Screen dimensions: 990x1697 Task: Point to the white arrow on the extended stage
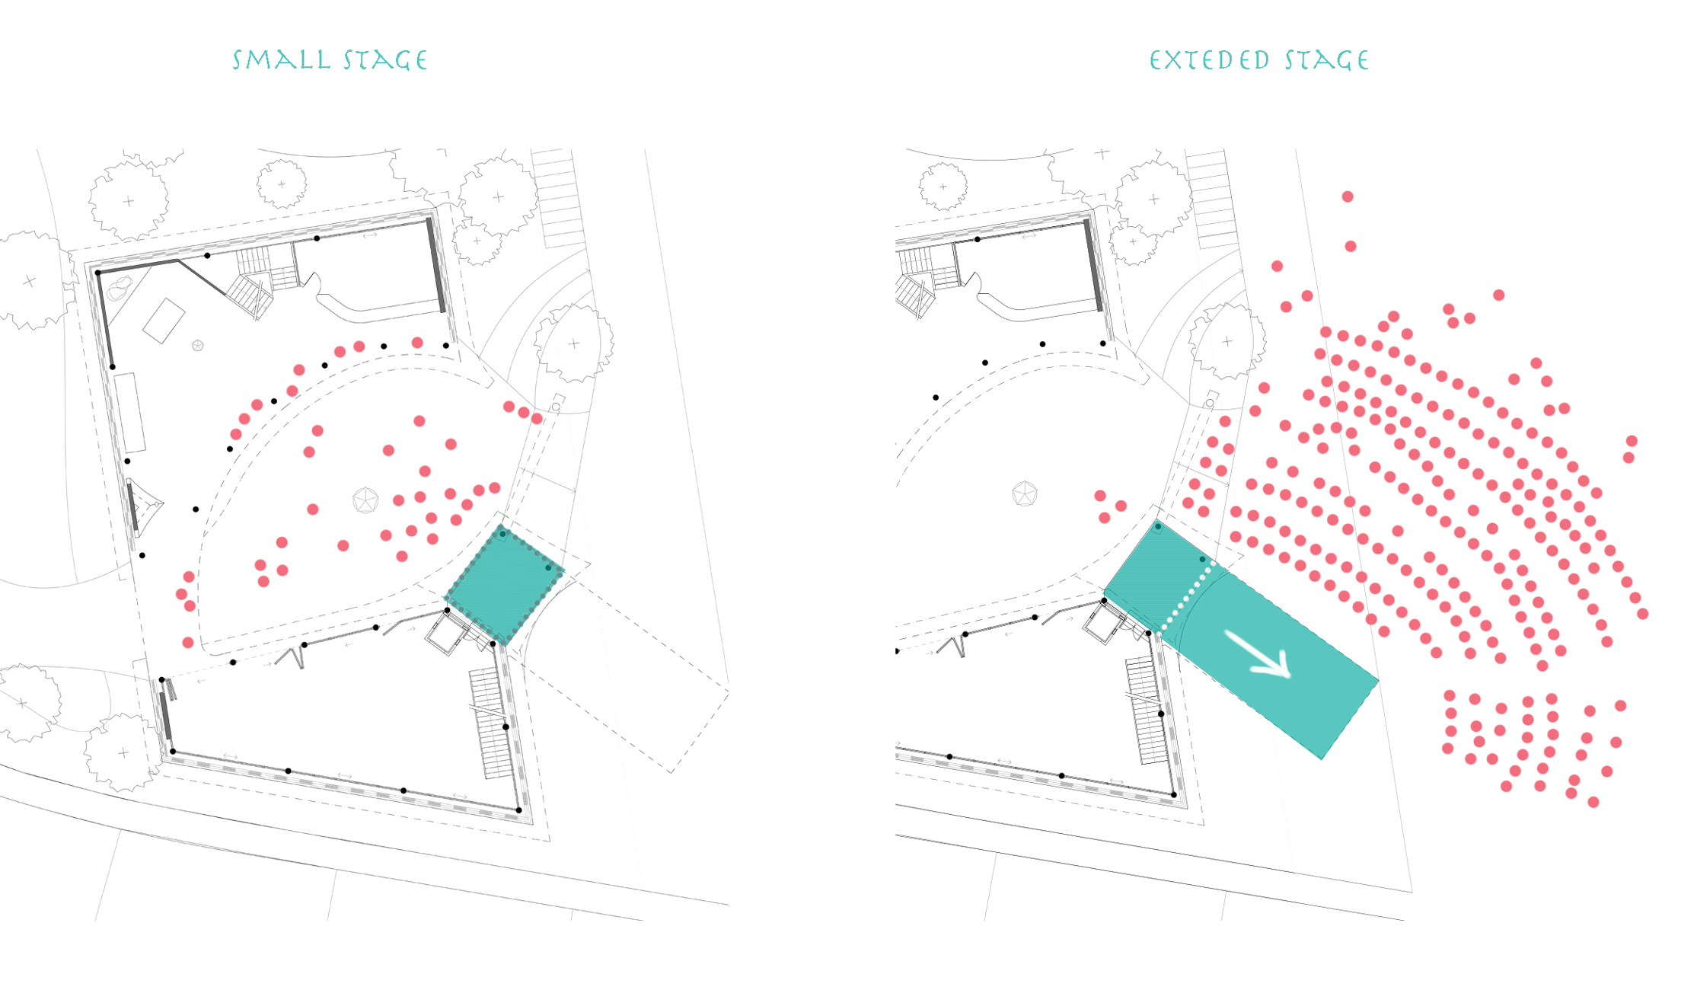pos(1260,654)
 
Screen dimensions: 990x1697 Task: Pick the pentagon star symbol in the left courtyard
pos(366,500)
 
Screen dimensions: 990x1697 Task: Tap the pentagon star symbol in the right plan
pos(1025,493)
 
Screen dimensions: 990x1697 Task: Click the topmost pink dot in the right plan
pos(1348,196)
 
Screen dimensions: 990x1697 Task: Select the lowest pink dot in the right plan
pos(1593,802)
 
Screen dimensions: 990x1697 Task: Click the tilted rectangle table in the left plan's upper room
pos(164,321)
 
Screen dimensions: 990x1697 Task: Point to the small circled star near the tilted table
pos(198,346)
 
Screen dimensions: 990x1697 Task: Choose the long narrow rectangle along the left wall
pos(129,412)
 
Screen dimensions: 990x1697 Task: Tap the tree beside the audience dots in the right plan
pos(1226,341)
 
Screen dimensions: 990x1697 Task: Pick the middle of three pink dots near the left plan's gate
pos(524,413)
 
